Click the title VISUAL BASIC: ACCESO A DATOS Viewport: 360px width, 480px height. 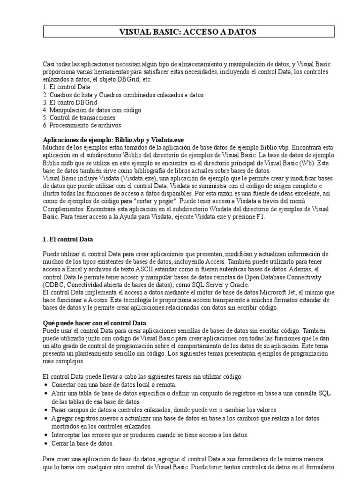coord(189,32)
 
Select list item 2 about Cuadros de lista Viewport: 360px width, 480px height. coord(123,94)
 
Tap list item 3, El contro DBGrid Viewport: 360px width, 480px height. coord(70,102)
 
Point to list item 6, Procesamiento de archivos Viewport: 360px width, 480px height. coord(82,125)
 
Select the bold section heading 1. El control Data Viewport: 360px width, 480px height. coord(68,239)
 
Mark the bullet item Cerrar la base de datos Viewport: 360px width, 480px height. coord(82,443)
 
